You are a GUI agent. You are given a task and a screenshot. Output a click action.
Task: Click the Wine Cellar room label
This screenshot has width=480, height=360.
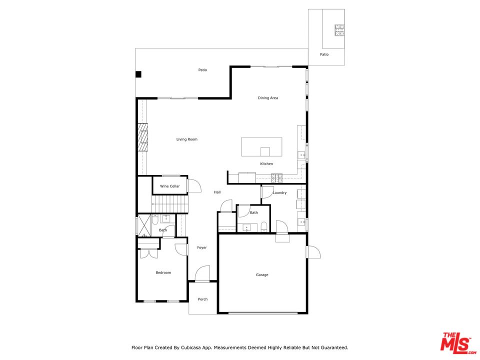pos(170,186)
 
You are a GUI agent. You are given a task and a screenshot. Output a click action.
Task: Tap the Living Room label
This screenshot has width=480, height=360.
pos(186,139)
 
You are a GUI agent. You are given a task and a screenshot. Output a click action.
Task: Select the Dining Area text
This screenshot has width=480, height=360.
pos(268,98)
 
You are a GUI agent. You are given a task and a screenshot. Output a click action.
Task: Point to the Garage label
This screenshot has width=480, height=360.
pos(262,275)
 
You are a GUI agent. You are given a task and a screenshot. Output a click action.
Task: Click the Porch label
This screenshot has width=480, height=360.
pos(202,299)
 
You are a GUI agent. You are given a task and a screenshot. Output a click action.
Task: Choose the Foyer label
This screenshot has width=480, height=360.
pos(201,247)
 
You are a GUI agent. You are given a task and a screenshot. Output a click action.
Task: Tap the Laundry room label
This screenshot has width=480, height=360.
pos(279,193)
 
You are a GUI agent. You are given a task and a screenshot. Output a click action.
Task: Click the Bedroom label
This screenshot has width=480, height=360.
pos(163,273)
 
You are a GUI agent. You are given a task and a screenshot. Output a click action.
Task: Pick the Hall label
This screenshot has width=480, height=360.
pos(217,192)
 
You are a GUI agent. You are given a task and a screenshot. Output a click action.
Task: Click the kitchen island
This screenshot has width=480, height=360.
pos(261,147)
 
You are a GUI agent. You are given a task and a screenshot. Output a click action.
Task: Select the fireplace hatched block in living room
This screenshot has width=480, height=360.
pos(142,137)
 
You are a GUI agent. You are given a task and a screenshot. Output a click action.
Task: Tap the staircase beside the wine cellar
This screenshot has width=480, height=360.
pos(169,204)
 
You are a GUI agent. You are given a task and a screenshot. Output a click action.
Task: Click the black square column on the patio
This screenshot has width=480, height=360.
pos(138,74)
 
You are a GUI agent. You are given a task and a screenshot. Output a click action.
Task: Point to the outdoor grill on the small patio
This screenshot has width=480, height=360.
pos(339,30)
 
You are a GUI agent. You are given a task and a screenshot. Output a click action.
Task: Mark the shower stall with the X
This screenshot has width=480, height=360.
pos(144,225)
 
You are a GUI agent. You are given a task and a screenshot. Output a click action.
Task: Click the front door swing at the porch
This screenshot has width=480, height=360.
pos(202,273)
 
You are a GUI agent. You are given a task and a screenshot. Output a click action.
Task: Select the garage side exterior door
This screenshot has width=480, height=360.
pos(313,251)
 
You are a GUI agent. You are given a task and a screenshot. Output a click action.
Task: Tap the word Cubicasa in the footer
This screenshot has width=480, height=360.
pos(191,348)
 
